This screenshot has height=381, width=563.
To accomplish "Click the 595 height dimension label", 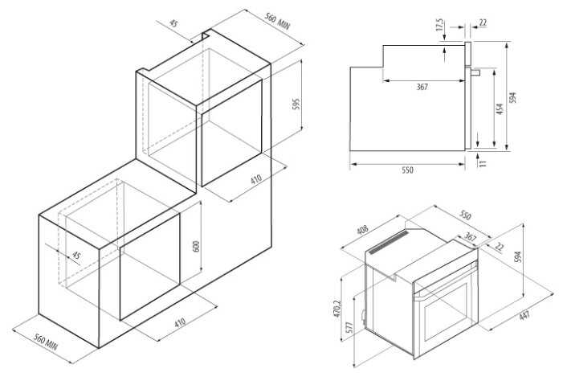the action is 296,104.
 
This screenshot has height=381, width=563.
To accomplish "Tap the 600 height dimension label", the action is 196,246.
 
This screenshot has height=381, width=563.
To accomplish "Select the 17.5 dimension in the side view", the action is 439,25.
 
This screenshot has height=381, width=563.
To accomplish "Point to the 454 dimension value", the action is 500,109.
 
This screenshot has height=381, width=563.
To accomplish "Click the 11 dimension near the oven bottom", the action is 483,163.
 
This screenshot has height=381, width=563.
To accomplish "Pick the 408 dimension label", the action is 363,230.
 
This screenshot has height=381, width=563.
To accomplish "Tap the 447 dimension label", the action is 524,316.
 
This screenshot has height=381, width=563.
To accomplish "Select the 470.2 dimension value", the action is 337,309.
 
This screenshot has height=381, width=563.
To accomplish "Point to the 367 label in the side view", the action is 422,87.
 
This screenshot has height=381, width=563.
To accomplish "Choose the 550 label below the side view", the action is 407,170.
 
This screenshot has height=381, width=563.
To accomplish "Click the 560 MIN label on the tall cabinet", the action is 277,21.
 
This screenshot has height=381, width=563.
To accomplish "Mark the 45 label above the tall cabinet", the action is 173,24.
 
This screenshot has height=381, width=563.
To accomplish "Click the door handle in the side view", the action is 475,72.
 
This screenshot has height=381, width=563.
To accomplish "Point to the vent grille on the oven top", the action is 390,242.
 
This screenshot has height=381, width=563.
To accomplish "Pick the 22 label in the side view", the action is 483,23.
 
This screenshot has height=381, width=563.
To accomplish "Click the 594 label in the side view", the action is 513,97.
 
